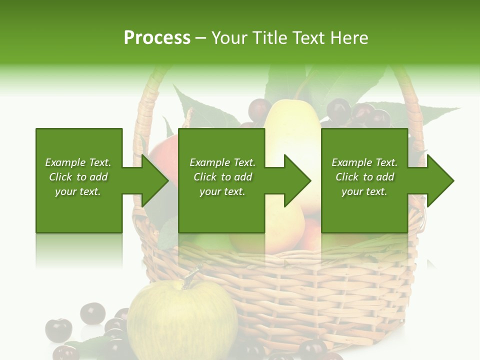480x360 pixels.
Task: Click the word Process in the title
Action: click(157, 38)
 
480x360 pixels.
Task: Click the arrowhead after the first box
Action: click(155, 180)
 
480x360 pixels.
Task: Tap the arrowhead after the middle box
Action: click(297, 180)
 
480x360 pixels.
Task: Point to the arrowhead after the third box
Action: click(440, 180)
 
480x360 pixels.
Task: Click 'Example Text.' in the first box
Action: click(78, 162)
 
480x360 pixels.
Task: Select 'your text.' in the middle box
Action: click(222, 191)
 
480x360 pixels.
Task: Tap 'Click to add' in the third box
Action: click(364, 177)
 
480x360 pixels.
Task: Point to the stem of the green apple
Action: click(190, 276)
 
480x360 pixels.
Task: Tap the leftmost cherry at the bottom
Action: click(58, 329)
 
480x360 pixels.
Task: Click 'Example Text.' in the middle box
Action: click(222, 162)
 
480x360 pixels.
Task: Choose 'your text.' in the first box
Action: click(78, 191)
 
